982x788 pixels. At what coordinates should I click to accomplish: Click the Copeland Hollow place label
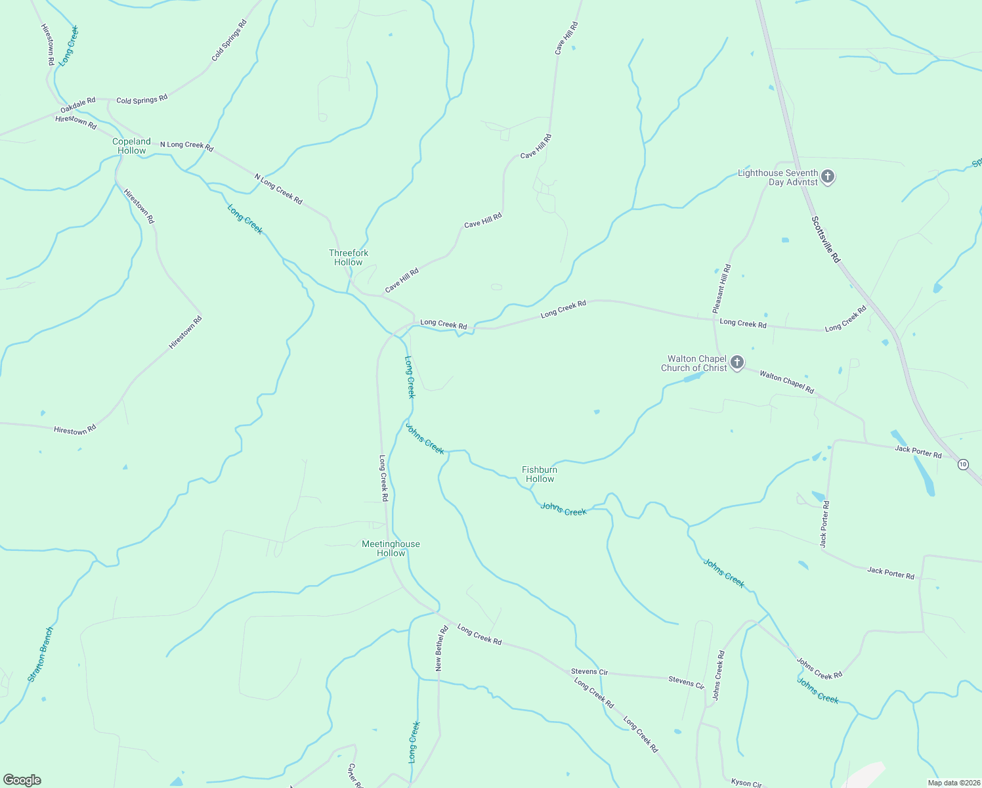click(x=131, y=146)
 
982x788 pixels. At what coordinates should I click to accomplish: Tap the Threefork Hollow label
click(x=348, y=257)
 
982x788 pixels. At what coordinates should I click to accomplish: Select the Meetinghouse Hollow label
click(x=391, y=548)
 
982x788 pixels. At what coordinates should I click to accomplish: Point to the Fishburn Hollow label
click(x=540, y=474)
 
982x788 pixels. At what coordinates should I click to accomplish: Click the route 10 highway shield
click(x=962, y=464)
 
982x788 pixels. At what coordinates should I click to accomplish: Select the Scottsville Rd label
click(x=826, y=240)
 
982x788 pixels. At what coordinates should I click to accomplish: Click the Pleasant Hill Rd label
click(x=721, y=289)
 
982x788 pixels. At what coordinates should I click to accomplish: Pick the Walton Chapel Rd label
click(x=786, y=382)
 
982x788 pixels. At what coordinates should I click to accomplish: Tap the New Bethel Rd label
click(x=441, y=648)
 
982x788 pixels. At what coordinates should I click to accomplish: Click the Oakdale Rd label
click(x=78, y=105)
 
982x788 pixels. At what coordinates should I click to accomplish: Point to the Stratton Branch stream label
click(x=41, y=655)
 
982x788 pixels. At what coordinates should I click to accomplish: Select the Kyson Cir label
click(x=746, y=783)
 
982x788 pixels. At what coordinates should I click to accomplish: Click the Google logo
click(x=22, y=780)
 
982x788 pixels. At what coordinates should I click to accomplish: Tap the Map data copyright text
click(x=953, y=783)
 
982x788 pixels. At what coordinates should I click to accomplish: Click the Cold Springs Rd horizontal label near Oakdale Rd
click(x=142, y=99)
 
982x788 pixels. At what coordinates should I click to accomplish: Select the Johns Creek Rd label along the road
click(x=819, y=668)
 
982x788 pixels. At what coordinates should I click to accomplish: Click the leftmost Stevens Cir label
click(x=589, y=671)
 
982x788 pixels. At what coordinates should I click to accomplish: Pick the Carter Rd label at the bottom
click(x=354, y=776)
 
